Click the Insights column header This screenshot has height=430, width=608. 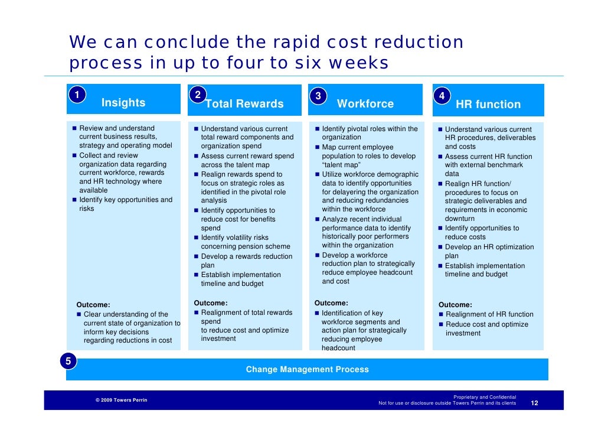click(123, 103)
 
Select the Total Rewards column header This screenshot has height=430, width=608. click(244, 104)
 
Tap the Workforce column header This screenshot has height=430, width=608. click(365, 104)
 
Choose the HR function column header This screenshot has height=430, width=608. click(488, 105)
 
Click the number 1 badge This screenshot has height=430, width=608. click(76, 95)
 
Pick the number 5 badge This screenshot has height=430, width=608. click(68, 361)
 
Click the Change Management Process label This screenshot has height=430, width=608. click(307, 370)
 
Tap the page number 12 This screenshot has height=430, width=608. click(534, 403)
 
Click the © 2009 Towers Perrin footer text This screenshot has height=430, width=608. click(122, 400)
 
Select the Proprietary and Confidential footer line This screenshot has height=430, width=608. click(484, 398)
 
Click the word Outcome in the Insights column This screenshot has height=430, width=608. click(93, 305)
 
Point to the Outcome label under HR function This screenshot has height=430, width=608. click(455, 305)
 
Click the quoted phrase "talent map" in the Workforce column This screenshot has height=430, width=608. click(341, 165)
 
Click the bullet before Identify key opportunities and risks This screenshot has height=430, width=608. click(74, 200)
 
